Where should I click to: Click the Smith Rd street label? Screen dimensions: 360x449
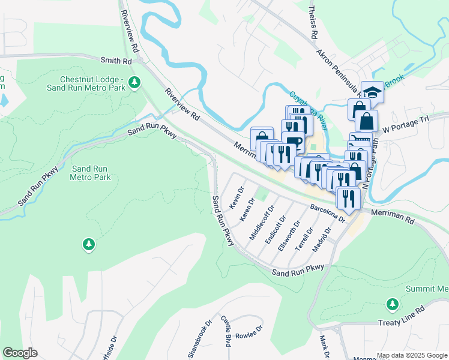click(x=116, y=61)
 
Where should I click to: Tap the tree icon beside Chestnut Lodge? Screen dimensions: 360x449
click(x=136, y=82)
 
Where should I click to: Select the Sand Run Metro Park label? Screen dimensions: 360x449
click(x=91, y=173)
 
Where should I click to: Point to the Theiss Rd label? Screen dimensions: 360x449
click(x=312, y=23)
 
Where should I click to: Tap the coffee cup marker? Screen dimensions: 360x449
click(x=292, y=142)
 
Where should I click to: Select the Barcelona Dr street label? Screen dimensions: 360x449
click(x=328, y=213)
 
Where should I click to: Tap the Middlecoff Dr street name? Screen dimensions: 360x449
click(x=261, y=223)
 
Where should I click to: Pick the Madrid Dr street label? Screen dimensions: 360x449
click(x=322, y=241)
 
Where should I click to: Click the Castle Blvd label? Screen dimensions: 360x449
click(x=226, y=331)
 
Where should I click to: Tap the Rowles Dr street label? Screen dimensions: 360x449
click(x=249, y=332)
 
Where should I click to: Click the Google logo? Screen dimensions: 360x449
click(x=20, y=353)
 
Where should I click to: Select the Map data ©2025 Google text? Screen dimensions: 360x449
click(x=411, y=355)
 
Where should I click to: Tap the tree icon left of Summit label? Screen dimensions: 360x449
click(x=393, y=304)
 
